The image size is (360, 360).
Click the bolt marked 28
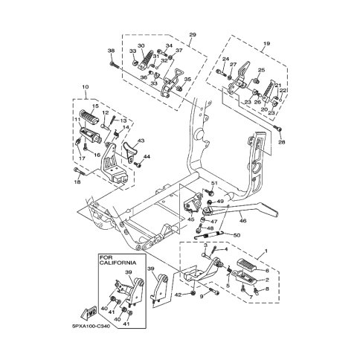tap(280, 134)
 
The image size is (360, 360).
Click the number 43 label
tap(141, 140)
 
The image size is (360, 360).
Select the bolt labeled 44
tap(138, 157)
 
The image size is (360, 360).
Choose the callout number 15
tap(95, 106)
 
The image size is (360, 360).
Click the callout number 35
tap(187, 79)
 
